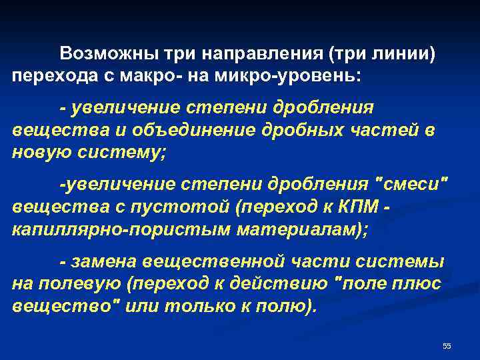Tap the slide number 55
(447, 345)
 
